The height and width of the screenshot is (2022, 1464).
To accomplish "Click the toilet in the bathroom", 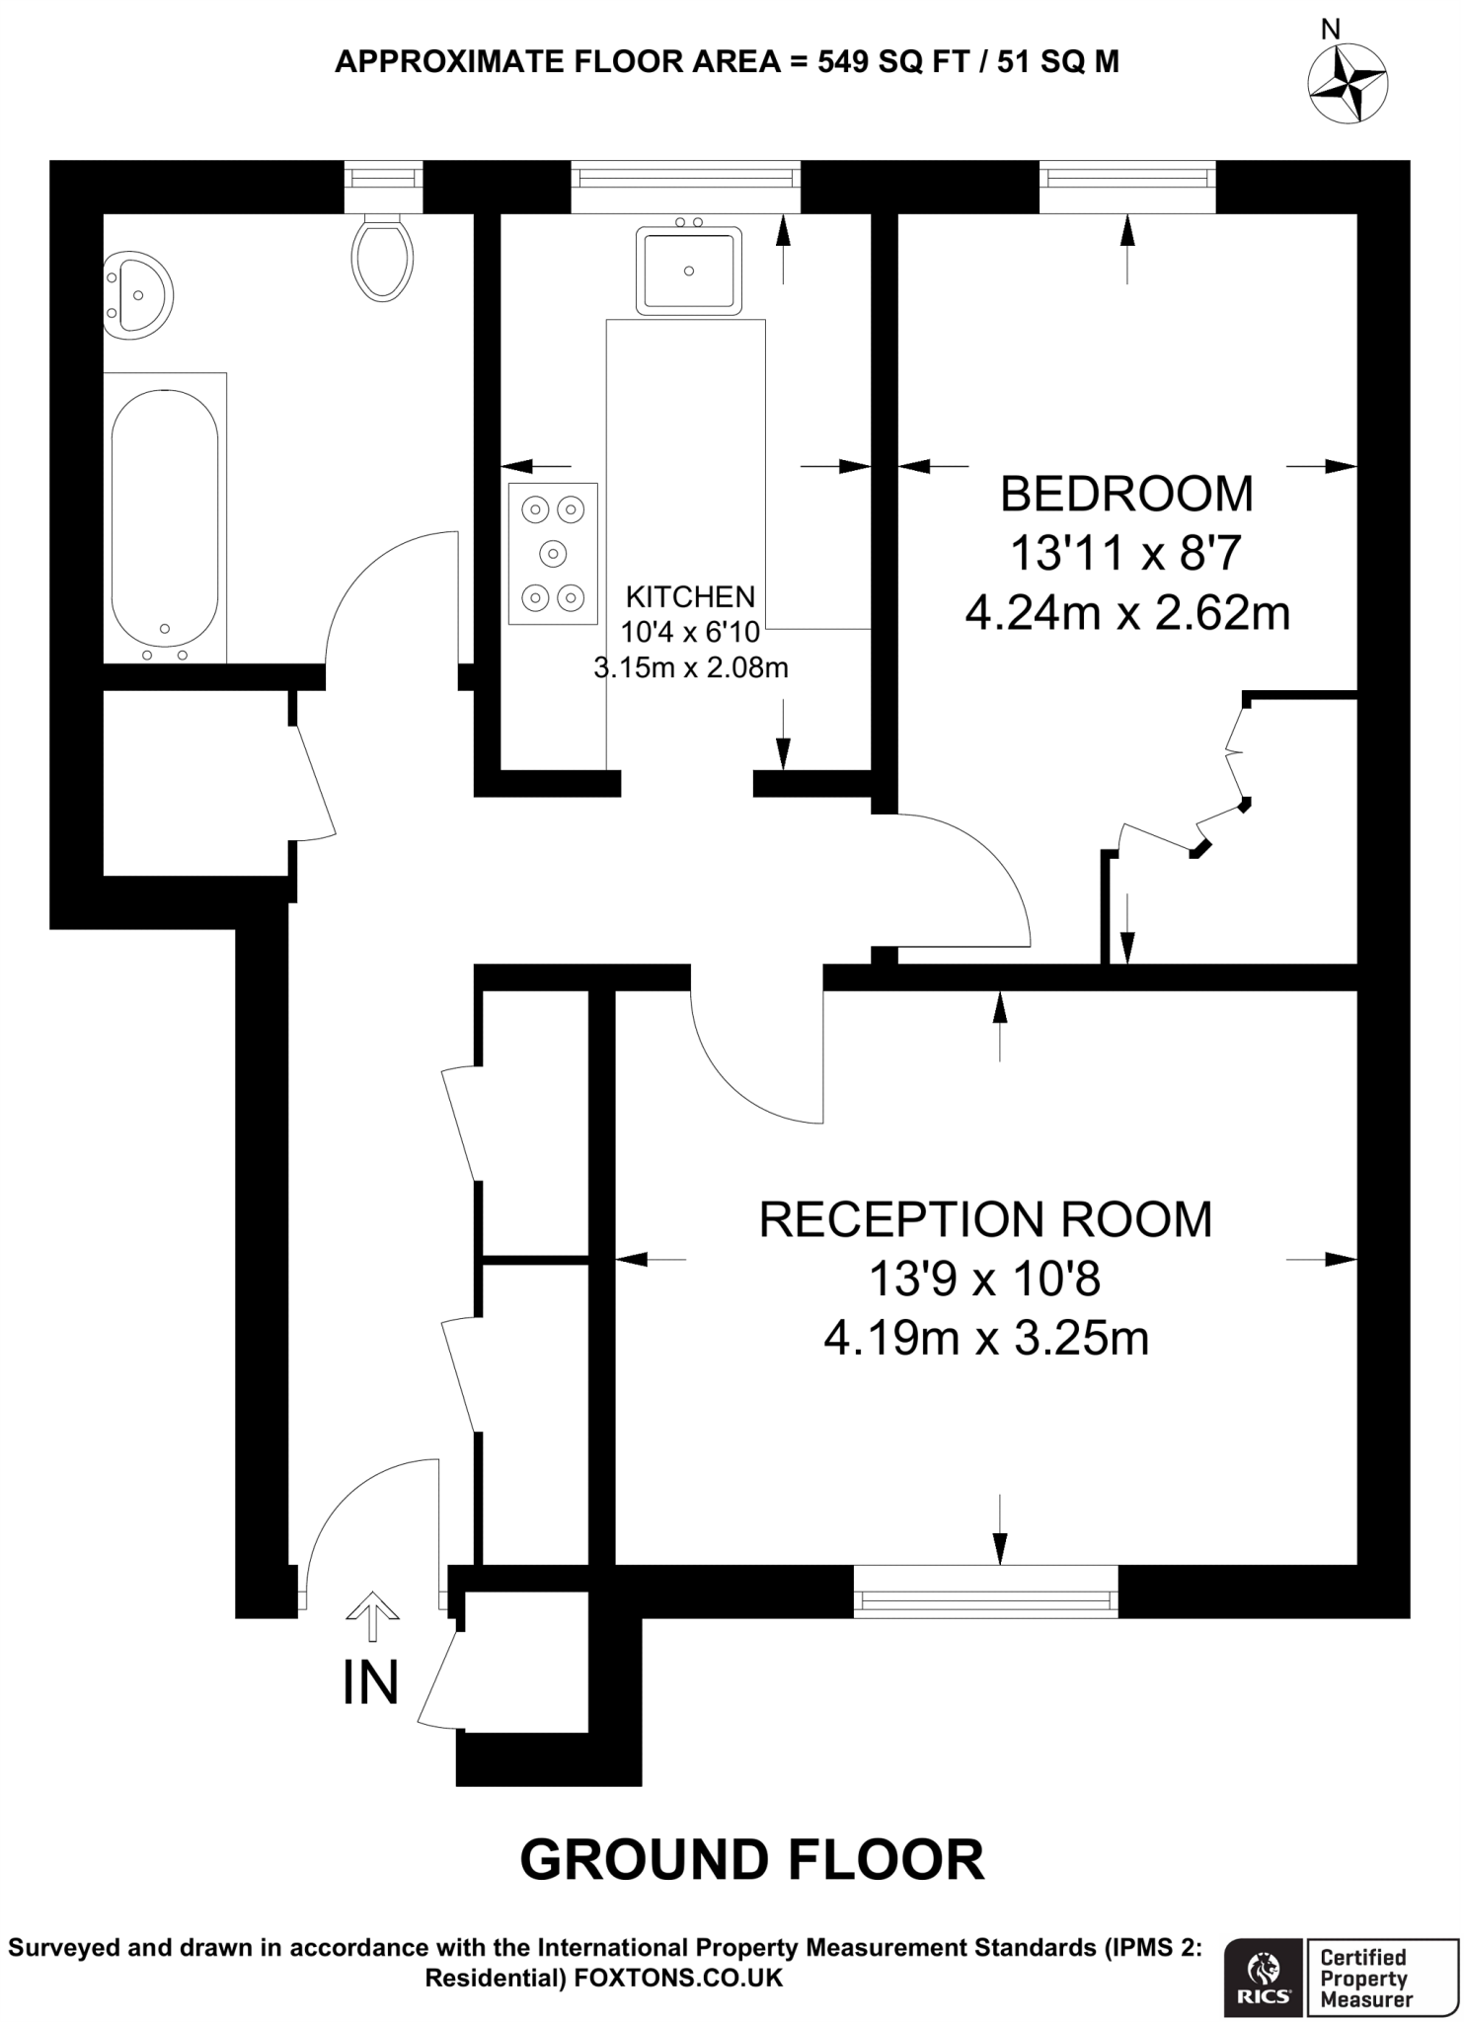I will pos(382,260).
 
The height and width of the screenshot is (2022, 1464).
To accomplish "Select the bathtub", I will pos(165,518).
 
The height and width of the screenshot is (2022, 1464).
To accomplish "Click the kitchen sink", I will pos(688,270).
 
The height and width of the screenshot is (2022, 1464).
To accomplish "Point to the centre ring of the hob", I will pos(553,554).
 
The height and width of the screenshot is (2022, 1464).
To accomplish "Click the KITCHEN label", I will pos(691,597).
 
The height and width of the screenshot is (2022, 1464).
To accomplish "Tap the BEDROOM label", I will pos(1126,495).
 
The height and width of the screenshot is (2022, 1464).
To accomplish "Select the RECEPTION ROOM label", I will pos(985,1220).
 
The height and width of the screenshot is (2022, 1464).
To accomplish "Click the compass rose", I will pos(1348,86).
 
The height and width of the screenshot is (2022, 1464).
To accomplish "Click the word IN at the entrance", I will pos(370,1682).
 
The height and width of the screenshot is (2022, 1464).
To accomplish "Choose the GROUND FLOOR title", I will pos(752,1860).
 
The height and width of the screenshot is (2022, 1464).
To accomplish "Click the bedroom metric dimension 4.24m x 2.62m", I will pos(1126,614).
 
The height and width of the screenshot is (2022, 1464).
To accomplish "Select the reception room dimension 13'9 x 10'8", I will pos(984,1281).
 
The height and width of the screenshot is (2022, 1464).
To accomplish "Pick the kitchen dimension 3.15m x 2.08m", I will pos(691,668).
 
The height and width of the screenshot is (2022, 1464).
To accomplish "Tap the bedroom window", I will pos(1127,178).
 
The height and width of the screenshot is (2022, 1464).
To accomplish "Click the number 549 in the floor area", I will pos(842,62).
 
